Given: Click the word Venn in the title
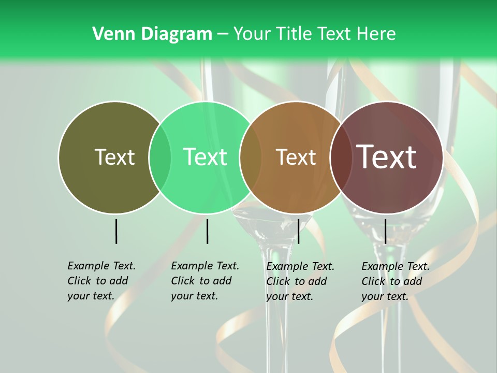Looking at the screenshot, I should pyautogui.click(x=110, y=34).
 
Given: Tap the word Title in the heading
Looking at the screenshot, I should pyautogui.click(x=296, y=34).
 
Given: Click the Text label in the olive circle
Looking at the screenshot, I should pyautogui.click(x=114, y=157).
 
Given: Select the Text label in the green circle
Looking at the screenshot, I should pyautogui.click(x=206, y=157).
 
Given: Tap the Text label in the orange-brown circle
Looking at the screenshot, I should pyautogui.click(x=296, y=157).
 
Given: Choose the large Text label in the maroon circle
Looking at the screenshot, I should pyautogui.click(x=387, y=157).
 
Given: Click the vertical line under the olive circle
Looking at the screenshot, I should pyautogui.click(x=116, y=231).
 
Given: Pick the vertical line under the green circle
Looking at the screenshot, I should pyautogui.click(x=207, y=231).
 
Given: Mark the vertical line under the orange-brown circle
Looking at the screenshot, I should pyautogui.click(x=298, y=231).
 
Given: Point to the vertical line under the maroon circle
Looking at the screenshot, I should pyautogui.click(x=385, y=231).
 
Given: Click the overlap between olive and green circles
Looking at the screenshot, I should pyautogui.click(x=160, y=157).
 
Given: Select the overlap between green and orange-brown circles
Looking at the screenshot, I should pyautogui.click(x=251, y=157).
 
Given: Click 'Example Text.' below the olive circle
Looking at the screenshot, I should pyautogui.click(x=101, y=266).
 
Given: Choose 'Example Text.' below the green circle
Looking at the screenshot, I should pyautogui.click(x=205, y=266).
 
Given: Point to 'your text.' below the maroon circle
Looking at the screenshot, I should pyautogui.click(x=385, y=296).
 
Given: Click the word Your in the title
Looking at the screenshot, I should pyautogui.click(x=252, y=34).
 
